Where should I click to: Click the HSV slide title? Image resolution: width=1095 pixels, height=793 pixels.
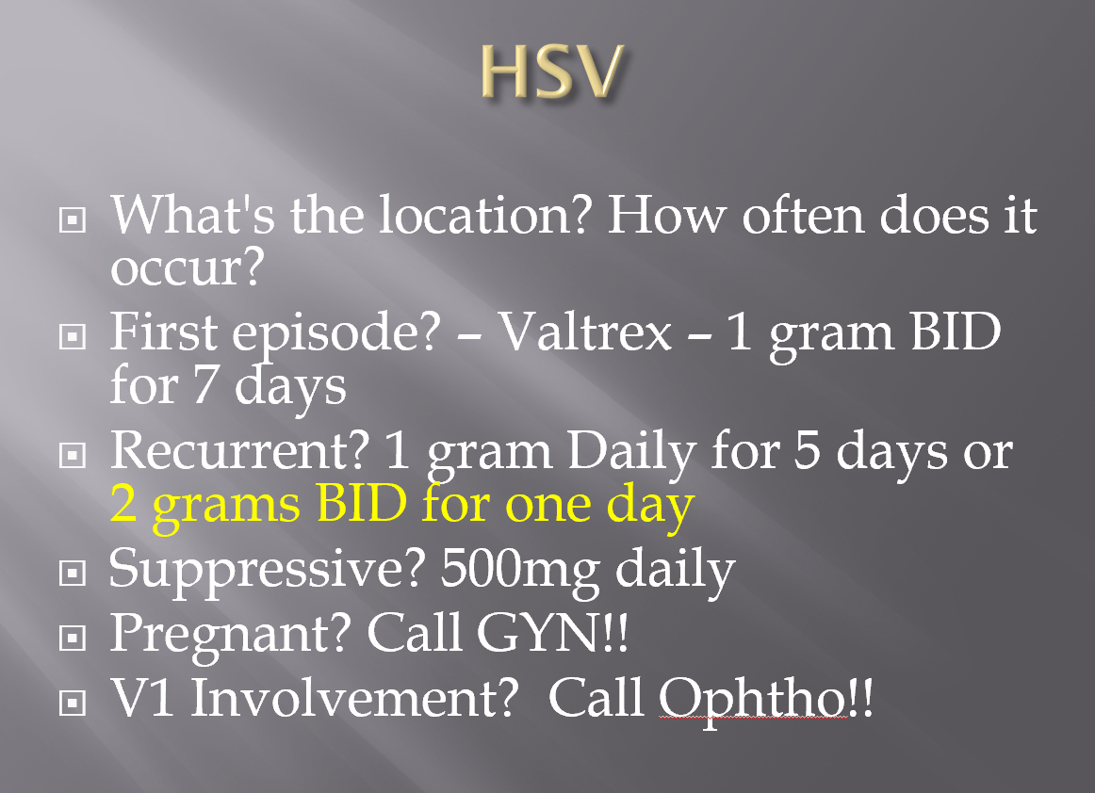[x=551, y=72]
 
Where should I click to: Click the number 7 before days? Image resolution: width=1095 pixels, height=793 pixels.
[x=204, y=384]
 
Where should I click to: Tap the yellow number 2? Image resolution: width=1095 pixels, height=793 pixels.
[x=123, y=503]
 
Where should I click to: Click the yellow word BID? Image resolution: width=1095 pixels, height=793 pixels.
[x=361, y=503]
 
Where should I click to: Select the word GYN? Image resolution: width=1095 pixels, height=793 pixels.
[x=538, y=633]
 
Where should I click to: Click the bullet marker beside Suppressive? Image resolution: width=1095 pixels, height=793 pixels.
[x=72, y=574]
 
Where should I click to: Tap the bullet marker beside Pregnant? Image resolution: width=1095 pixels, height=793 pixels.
[x=72, y=638]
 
